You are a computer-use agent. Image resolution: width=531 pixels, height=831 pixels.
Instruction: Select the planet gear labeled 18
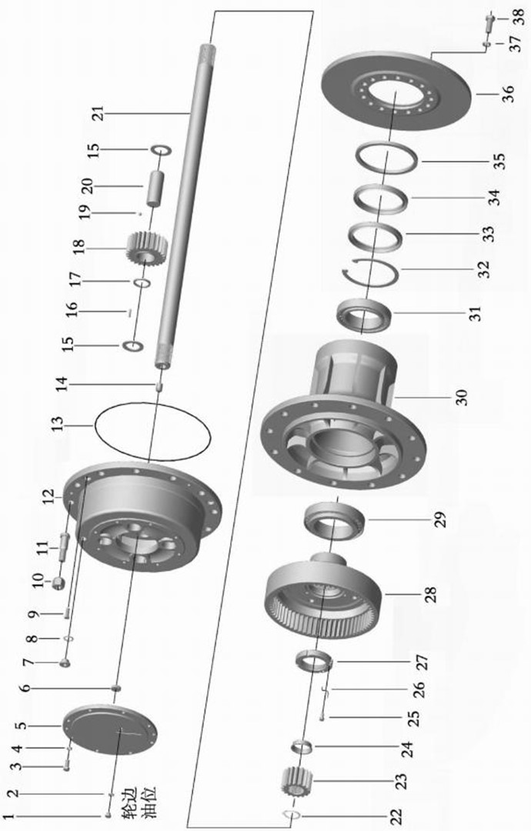tap(147, 249)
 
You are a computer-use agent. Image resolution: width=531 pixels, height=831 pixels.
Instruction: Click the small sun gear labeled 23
tap(296, 781)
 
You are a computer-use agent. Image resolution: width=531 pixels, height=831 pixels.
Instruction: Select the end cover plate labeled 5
tap(110, 729)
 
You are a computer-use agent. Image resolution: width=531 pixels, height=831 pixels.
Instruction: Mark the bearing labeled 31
tap(364, 316)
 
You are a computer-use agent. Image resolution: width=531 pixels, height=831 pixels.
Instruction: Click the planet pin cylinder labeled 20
tap(154, 189)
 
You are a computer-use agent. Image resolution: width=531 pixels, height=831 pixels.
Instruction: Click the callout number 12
tap(48, 496)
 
